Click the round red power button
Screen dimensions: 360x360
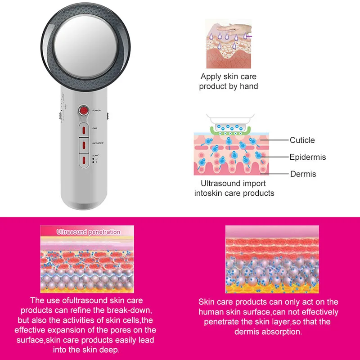(x=83, y=110)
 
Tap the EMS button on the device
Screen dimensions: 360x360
(x=83, y=130)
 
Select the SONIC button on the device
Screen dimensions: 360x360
(x=83, y=159)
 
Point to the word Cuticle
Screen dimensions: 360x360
(x=302, y=140)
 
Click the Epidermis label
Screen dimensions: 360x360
(x=307, y=157)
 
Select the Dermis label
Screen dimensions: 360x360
(x=303, y=174)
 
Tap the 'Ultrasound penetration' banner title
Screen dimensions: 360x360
(x=88, y=232)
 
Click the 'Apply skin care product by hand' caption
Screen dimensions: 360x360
(x=229, y=81)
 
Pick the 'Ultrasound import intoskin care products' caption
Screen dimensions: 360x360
(x=234, y=189)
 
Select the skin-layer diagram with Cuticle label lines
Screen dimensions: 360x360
(x=230, y=153)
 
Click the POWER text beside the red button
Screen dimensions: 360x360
(x=97, y=110)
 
